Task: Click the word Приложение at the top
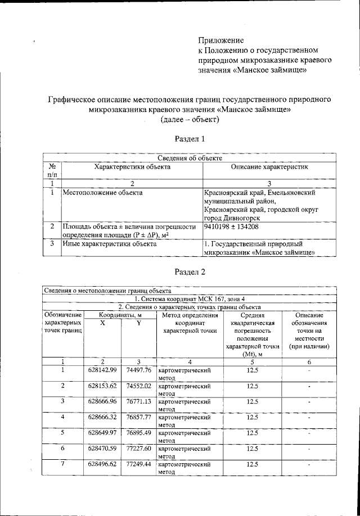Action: pyautogui.click(x=220, y=40)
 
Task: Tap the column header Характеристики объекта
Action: pyautogui.click(x=132, y=168)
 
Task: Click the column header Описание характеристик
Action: pyautogui.click(x=269, y=168)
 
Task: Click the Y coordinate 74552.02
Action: pyautogui.click(x=137, y=387)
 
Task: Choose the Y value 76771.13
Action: pyautogui.click(x=137, y=402)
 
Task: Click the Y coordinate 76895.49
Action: pyautogui.click(x=137, y=433)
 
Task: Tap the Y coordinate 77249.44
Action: pyautogui.click(x=137, y=465)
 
